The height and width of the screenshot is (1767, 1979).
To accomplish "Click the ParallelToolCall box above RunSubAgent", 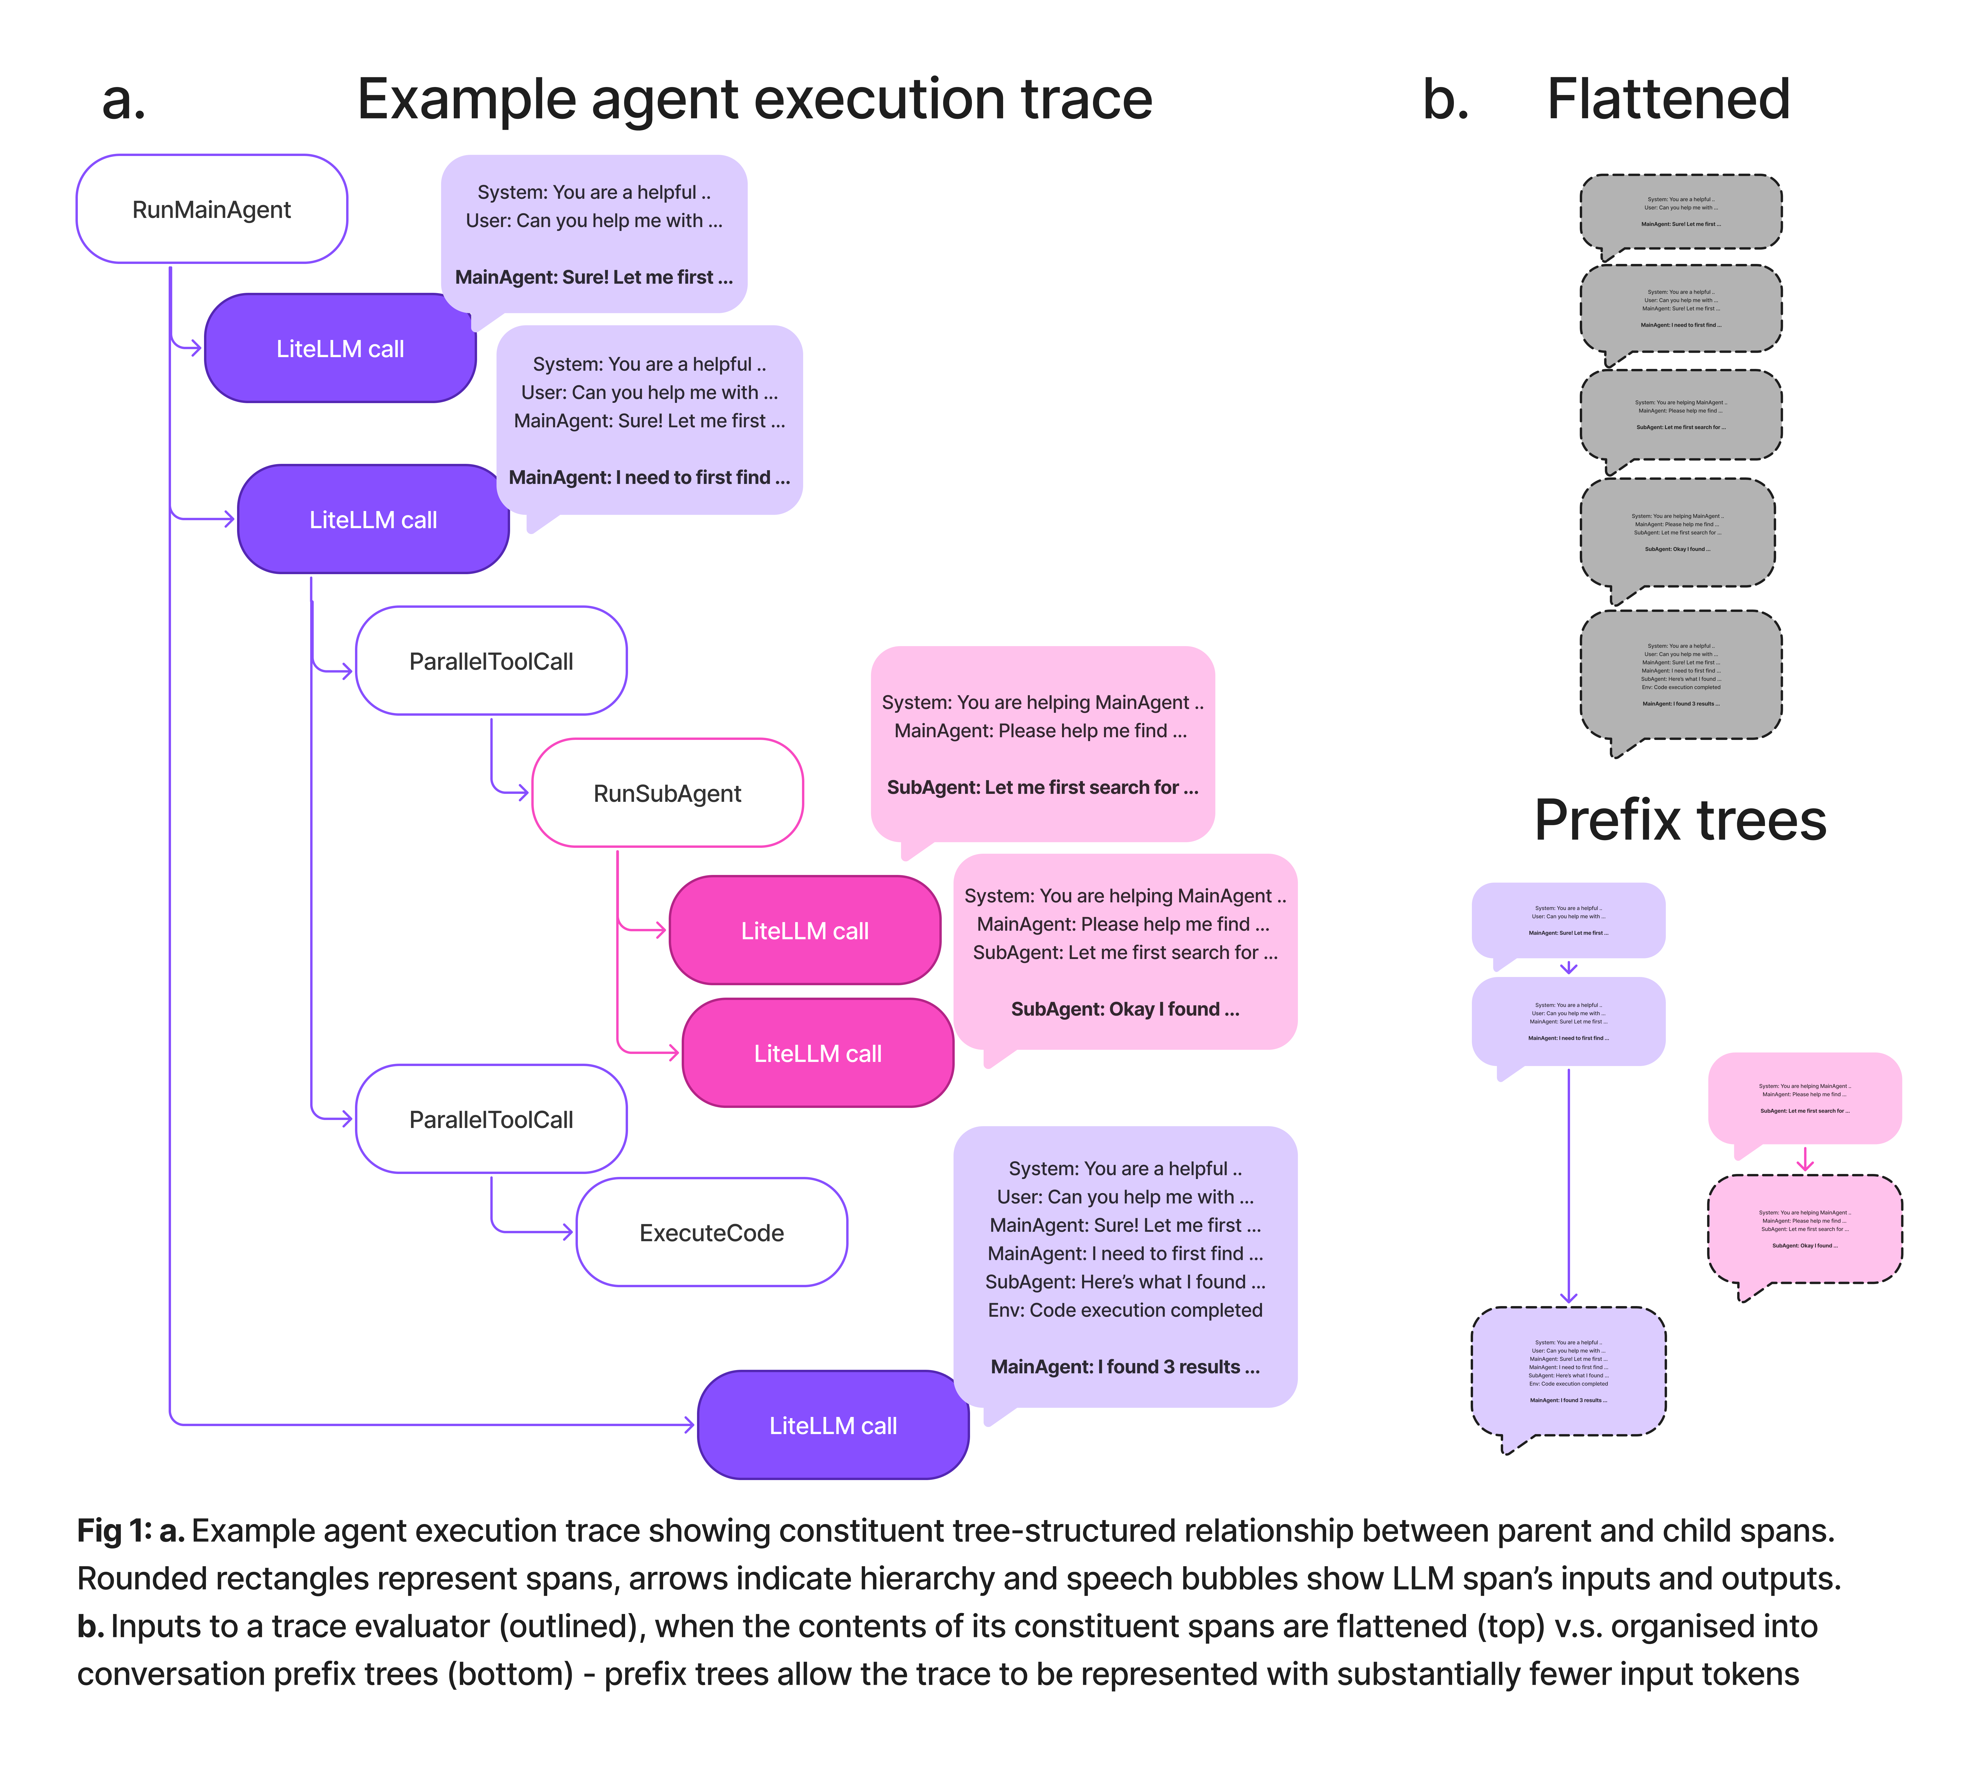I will point(491,661).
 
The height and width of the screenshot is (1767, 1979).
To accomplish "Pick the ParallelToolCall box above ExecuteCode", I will point(491,1119).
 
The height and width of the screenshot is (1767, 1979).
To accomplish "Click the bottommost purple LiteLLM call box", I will point(833,1425).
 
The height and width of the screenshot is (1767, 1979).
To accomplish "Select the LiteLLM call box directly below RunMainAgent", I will point(340,349).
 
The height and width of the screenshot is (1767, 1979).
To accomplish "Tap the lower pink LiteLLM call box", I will point(817,1053).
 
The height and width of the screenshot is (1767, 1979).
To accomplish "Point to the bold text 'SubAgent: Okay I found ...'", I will point(1125,1009).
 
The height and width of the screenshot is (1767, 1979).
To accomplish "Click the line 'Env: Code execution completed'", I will point(1125,1310).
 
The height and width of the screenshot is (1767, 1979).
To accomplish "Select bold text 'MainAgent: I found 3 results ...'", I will point(1125,1366).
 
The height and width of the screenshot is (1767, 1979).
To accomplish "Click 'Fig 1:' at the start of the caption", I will point(114,1531).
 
